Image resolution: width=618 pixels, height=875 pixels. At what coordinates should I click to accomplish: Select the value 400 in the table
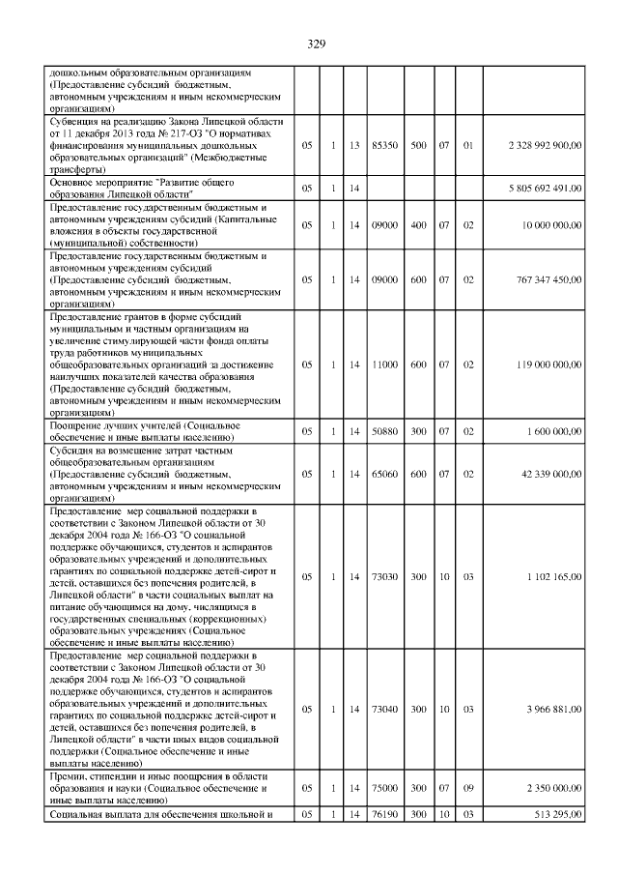coord(419,225)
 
